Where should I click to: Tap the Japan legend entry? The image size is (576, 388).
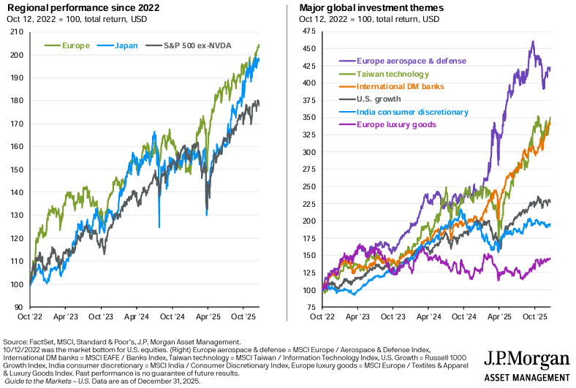(121, 45)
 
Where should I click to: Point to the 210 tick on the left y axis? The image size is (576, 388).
(15, 31)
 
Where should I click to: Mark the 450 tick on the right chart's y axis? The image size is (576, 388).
(309, 49)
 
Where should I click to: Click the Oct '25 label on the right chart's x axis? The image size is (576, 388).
(536, 318)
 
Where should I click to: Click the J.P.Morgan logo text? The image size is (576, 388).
(526, 360)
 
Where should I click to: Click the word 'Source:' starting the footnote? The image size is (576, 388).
(16, 342)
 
